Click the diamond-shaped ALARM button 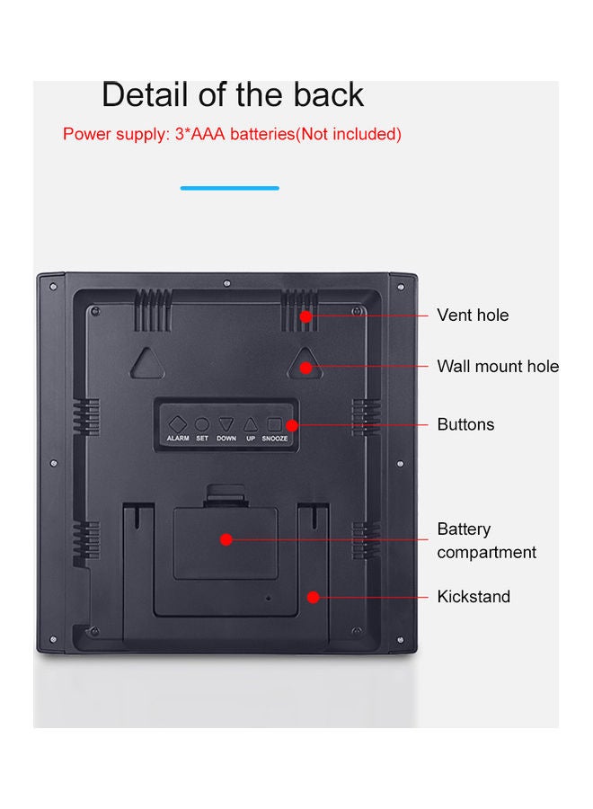pyautogui.click(x=177, y=424)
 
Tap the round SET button pyautogui.click(x=201, y=424)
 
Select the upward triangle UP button pyautogui.click(x=251, y=424)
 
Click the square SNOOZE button pyautogui.click(x=274, y=424)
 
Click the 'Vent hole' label pyautogui.click(x=473, y=315)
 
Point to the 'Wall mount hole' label pyautogui.click(x=498, y=366)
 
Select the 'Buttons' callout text pyautogui.click(x=465, y=424)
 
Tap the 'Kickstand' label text pyautogui.click(x=474, y=597)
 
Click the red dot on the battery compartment pyautogui.click(x=226, y=539)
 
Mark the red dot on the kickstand pyautogui.click(x=313, y=598)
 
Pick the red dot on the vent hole pyautogui.click(x=305, y=316)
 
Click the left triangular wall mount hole pyautogui.click(x=148, y=364)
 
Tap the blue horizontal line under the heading pyautogui.click(x=229, y=189)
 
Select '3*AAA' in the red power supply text pyautogui.click(x=200, y=134)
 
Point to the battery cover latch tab pyautogui.click(x=225, y=495)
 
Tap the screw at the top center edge pyautogui.click(x=227, y=283)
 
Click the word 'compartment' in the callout pyautogui.click(x=487, y=553)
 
